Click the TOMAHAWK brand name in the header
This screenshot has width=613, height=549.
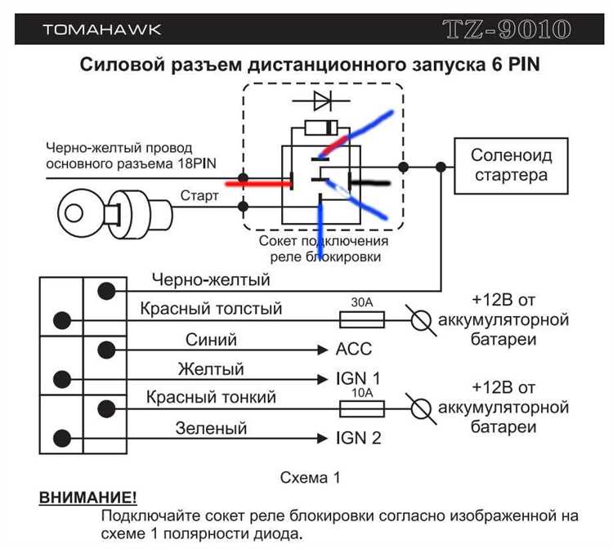tap(102, 29)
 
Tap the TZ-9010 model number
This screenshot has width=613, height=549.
tap(506, 30)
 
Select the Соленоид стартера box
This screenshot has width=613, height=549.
tap(512, 165)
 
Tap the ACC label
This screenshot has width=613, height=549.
tap(353, 350)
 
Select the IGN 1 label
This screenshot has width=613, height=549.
tap(358, 379)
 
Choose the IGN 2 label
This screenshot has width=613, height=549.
tap(358, 438)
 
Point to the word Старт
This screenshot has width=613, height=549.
tap(199, 196)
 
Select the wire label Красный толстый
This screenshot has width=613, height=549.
tap(211, 309)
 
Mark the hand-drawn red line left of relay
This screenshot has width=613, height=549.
tap(258, 184)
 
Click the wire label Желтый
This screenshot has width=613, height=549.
tap(211, 369)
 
